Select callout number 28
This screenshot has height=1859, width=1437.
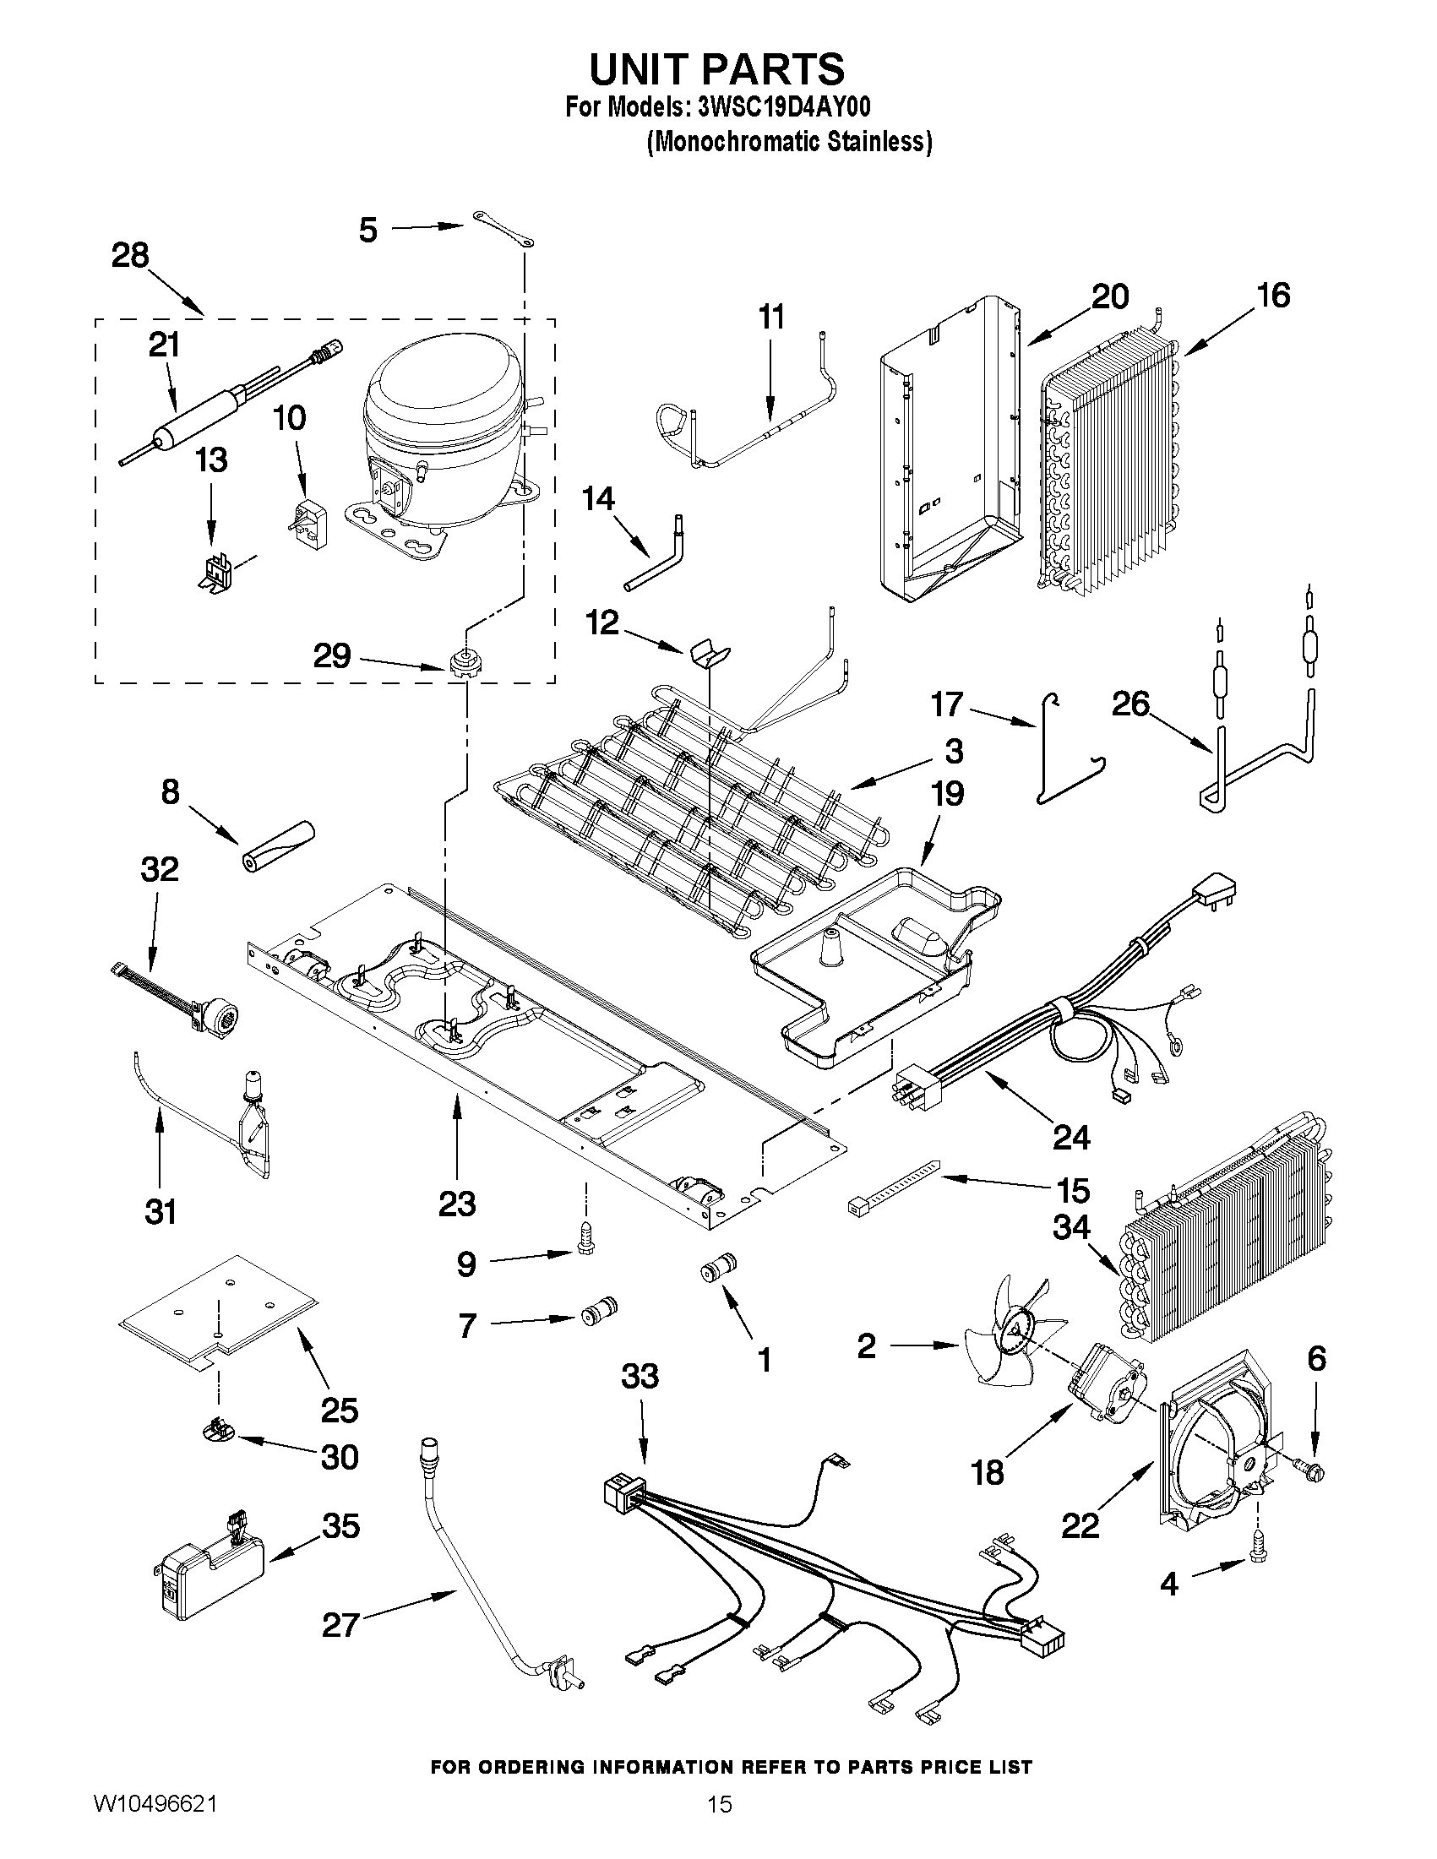130,254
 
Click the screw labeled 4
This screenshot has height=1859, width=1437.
1256,1555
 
